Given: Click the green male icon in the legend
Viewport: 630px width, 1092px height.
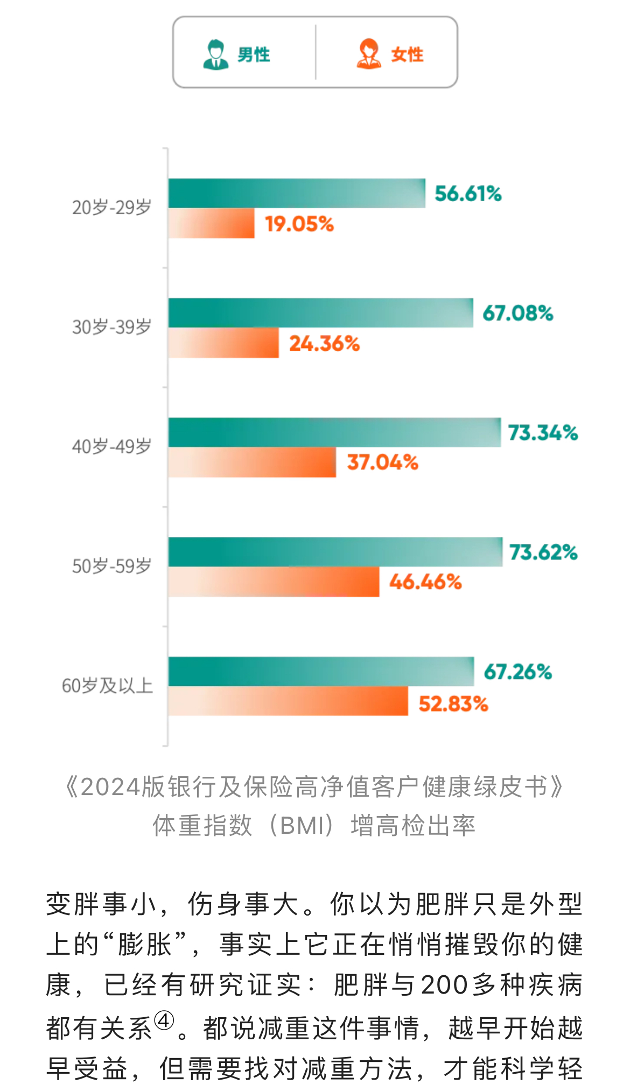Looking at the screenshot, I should pyautogui.click(x=215, y=54).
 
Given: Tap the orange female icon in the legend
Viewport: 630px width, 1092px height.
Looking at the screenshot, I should pyautogui.click(x=369, y=54).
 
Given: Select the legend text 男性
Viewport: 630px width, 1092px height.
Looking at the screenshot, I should pyautogui.click(x=254, y=55).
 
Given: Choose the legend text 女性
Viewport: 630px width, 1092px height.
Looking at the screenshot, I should pyautogui.click(x=407, y=55).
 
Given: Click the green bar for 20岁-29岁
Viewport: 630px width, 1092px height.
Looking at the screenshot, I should pyautogui.click(x=296, y=193).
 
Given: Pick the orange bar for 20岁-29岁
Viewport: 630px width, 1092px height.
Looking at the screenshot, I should pyautogui.click(x=211, y=223).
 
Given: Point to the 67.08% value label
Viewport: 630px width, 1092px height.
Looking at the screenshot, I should pyautogui.click(x=517, y=313).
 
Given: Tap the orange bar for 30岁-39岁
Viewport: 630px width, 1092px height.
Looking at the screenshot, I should pyautogui.click(x=223, y=343).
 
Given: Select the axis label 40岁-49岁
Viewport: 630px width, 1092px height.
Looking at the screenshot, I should pyautogui.click(x=111, y=446).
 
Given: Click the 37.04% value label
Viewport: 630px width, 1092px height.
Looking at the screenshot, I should pyautogui.click(x=382, y=462).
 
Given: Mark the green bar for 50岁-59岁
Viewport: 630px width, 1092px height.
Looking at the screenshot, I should pyautogui.click(x=335, y=552).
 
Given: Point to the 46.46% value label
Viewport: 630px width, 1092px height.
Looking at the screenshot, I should pyautogui.click(x=425, y=582).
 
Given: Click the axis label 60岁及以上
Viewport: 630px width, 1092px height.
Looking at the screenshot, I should pyautogui.click(x=107, y=686).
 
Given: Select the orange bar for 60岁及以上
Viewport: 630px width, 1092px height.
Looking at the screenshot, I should pyautogui.click(x=288, y=701).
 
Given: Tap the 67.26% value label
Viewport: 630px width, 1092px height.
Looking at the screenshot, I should pyautogui.click(x=517, y=672).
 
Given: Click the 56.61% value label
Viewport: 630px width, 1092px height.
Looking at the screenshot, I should pyautogui.click(x=468, y=194).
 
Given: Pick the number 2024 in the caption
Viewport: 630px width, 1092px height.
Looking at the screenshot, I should pyautogui.click(x=110, y=787).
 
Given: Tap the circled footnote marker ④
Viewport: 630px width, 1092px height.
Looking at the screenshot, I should pyautogui.click(x=164, y=1020).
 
